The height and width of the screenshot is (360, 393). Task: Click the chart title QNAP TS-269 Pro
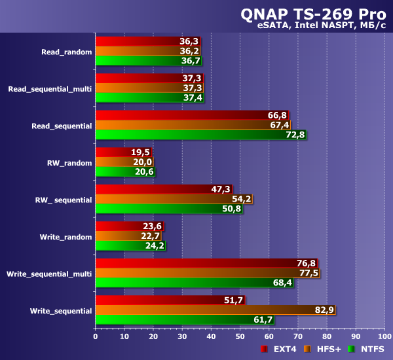pyautogui.click(x=314, y=14)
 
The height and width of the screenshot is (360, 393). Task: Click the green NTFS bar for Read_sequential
pyautogui.click(x=200, y=135)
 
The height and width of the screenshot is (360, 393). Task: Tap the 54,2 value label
pyautogui.click(x=240, y=198)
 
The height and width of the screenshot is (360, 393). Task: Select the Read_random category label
pyautogui.click(x=66, y=51)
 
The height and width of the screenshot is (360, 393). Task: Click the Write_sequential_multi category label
pyautogui.click(x=49, y=273)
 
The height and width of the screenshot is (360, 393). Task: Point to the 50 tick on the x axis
pyautogui.click(x=240, y=338)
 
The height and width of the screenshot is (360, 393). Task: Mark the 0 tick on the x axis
pyautogui.click(x=96, y=338)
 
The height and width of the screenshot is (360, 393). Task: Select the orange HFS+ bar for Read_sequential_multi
pyautogui.click(x=149, y=88)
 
